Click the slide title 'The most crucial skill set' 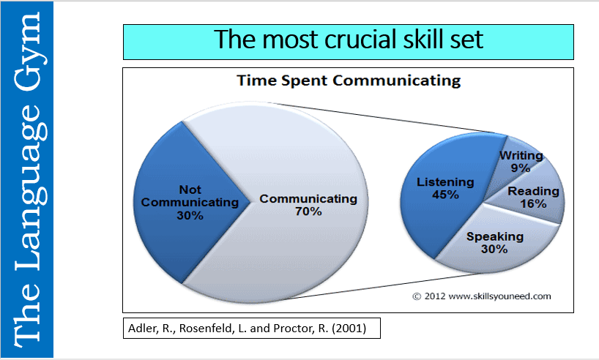tap(348, 40)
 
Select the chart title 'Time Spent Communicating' tap(348, 80)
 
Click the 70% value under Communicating tap(308, 211)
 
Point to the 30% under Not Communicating tap(190, 216)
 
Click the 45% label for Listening tap(445, 195)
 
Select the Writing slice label tap(521, 155)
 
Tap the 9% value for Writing tap(521, 168)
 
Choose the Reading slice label tap(534, 192)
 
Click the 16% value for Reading tap(534, 204)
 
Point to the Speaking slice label tap(496, 236)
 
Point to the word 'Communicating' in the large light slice tap(308, 198)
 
